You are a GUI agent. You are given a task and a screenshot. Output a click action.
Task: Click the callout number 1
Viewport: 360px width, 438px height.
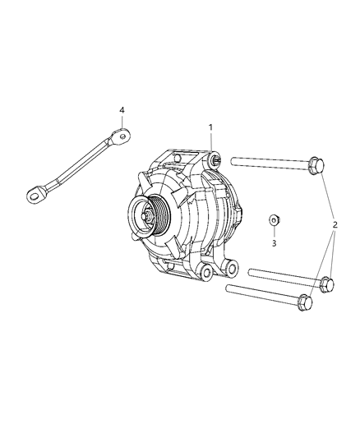(210, 127)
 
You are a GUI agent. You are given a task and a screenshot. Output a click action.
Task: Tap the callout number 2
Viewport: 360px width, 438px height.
(335, 224)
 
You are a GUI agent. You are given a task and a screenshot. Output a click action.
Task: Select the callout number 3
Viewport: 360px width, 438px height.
(274, 243)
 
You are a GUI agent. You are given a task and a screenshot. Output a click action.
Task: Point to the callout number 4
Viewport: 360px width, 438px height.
(122, 110)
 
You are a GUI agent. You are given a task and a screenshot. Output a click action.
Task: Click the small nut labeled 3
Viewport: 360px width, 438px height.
(275, 220)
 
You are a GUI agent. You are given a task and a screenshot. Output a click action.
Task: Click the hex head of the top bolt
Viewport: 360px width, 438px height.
(316, 166)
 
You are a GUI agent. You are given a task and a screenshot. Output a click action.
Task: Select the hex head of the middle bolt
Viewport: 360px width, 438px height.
(327, 284)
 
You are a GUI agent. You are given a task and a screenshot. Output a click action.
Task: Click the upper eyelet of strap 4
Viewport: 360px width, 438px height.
(121, 136)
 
